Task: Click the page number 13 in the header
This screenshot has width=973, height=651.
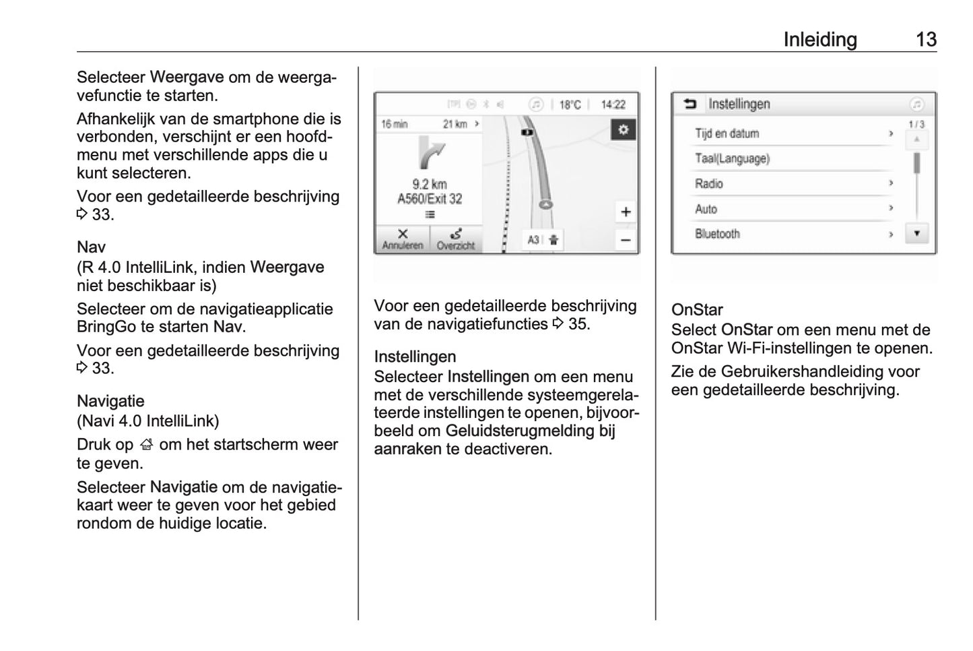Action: [926, 39]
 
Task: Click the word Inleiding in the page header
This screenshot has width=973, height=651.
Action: [819, 39]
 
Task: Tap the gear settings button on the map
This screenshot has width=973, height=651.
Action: [623, 129]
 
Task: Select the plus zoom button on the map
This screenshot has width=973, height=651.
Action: [626, 212]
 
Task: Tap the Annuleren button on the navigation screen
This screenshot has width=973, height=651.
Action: [403, 239]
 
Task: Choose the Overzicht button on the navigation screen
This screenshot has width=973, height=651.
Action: [456, 239]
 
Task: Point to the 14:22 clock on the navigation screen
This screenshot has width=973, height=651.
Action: [613, 104]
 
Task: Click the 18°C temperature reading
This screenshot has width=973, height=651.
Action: [570, 104]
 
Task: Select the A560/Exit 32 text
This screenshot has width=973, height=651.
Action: [430, 199]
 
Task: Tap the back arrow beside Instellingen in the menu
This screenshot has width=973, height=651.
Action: [690, 104]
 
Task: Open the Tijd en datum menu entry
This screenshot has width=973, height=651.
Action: [727, 133]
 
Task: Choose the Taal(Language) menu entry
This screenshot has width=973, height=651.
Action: [732, 158]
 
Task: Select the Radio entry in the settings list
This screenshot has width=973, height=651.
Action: [709, 183]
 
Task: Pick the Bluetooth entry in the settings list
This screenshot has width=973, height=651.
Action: [717, 234]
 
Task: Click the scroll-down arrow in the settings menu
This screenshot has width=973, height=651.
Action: [916, 233]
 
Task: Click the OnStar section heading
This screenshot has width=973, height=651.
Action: [697, 310]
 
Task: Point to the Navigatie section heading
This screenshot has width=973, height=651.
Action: [110, 401]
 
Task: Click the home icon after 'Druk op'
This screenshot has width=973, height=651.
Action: [147, 445]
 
